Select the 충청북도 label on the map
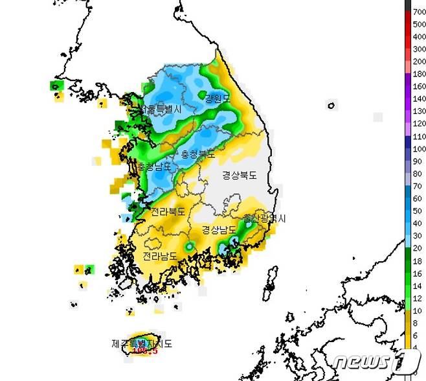click(198, 155)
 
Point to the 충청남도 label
click(154, 167)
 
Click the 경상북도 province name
click(240, 175)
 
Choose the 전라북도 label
click(168, 211)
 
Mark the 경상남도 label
click(219, 229)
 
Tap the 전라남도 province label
click(161, 256)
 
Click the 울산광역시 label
click(264, 218)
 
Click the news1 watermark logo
click(372, 360)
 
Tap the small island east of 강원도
click(331, 104)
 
